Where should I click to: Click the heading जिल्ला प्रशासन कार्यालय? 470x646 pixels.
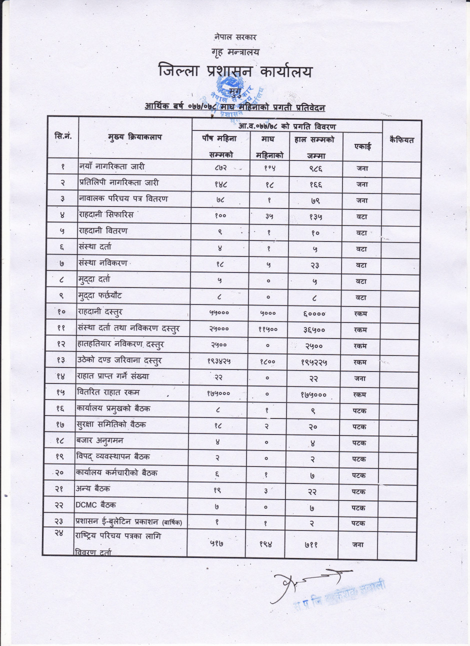tap(235, 71)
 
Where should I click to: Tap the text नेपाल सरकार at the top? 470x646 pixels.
tap(235, 37)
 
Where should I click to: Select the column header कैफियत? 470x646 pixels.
tap(401, 140)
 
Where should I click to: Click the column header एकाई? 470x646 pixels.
tap(362, 146)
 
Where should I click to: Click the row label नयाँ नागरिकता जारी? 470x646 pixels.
tap(112, 166)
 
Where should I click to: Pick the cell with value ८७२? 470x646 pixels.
tap(218, 168)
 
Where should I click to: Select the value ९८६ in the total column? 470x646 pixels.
tap(314, 168)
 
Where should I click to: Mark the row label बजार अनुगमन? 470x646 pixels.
tap(99, 440)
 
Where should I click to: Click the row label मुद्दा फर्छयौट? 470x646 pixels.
tap(99, 295)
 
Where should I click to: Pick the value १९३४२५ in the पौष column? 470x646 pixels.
tap(219, 361)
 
